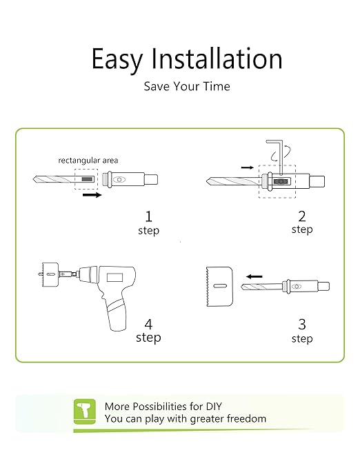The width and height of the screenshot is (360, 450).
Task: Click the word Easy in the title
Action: pyautogui.click(x=117, y=60)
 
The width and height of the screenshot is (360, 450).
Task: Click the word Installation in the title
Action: pyautogui.click(x=217, y=59)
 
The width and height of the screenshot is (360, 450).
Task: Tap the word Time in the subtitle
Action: pyautogui.click(x=217, y=86)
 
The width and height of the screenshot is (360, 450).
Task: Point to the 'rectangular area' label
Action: pyautogui.click(x=88, y=161)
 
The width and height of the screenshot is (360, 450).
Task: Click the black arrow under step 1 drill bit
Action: pyautogui.click(x=92, y=195)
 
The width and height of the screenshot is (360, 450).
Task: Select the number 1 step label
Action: pyautogui.click(x=148, y=223)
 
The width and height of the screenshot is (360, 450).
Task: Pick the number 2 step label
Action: pyautogui.click(x=302, y=223)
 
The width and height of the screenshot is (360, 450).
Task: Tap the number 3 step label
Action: pyautogui.click(x=302, y=331)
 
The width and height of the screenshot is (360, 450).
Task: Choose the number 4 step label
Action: pyautogui.click(x=148, y=330)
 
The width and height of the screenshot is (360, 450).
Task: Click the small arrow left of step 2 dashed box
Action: pyautogui.click(x=248, y=167)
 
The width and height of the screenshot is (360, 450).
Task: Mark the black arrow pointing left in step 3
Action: pyautogui.click(x=254, y=276)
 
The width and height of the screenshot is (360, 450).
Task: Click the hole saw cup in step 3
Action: pyautogui.click(x=219, y=287)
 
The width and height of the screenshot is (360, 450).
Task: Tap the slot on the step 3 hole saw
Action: pyautogui.click(x=221, y=286)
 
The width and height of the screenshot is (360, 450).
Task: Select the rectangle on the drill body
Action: pyautogui.click(x=114, y=278)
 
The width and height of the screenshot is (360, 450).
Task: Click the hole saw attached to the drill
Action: pyautogui.click(x=50, y=275)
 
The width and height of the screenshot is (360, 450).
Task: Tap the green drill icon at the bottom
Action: pyautogui.click(x=85, y=411)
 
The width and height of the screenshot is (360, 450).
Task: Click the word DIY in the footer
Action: pyautogui.click(x=214, y=407)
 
